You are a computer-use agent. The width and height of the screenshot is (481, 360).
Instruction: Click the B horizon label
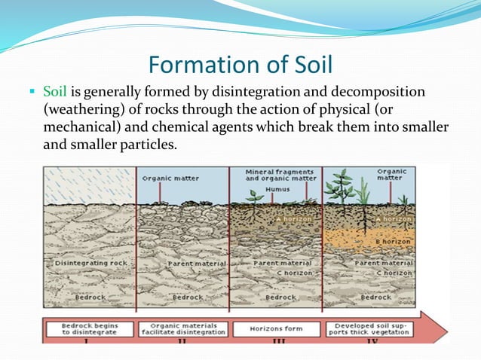[x=393, y=240]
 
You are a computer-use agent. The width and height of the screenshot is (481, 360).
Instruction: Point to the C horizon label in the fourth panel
[x=395, y=272]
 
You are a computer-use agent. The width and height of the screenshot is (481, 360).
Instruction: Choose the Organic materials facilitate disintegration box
[x=182, y=329]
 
